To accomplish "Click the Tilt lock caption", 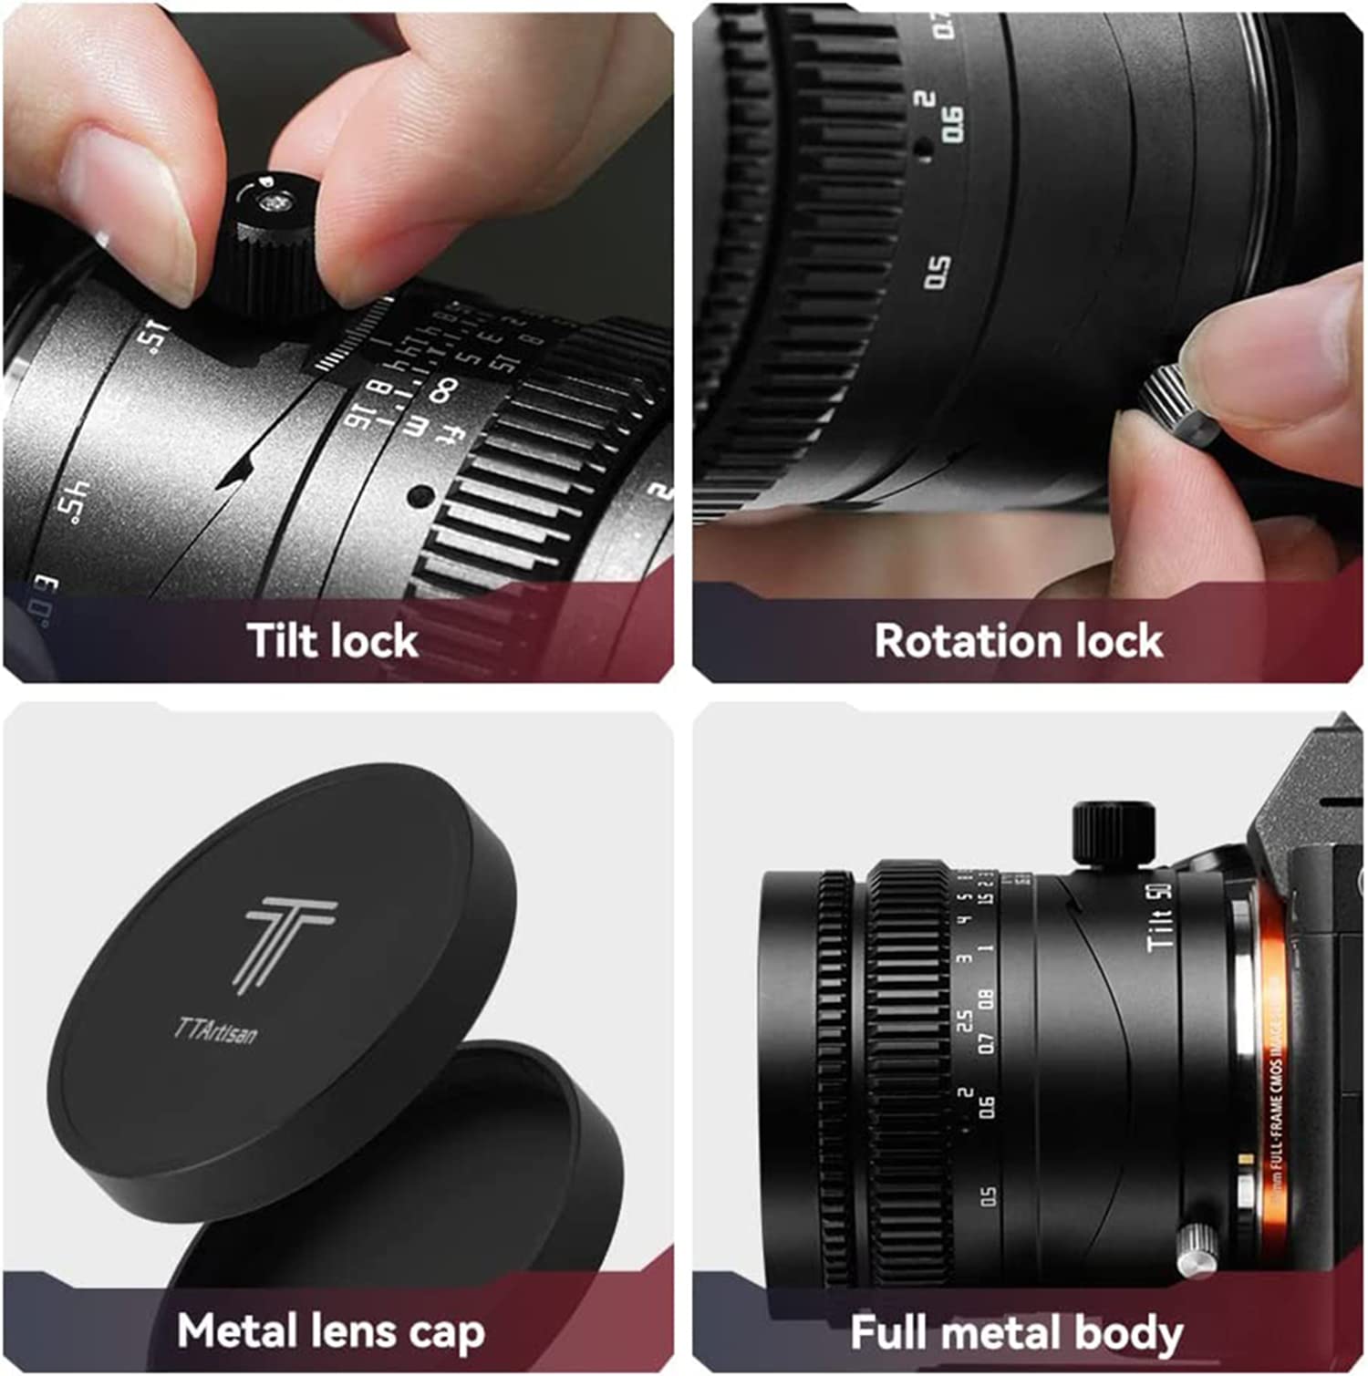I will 333,640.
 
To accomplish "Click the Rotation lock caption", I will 1018,640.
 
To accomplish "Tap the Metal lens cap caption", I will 331,1330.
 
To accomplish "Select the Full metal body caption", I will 1016,1332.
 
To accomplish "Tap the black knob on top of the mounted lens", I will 1113,830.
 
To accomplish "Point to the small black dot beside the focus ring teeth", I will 419,496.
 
